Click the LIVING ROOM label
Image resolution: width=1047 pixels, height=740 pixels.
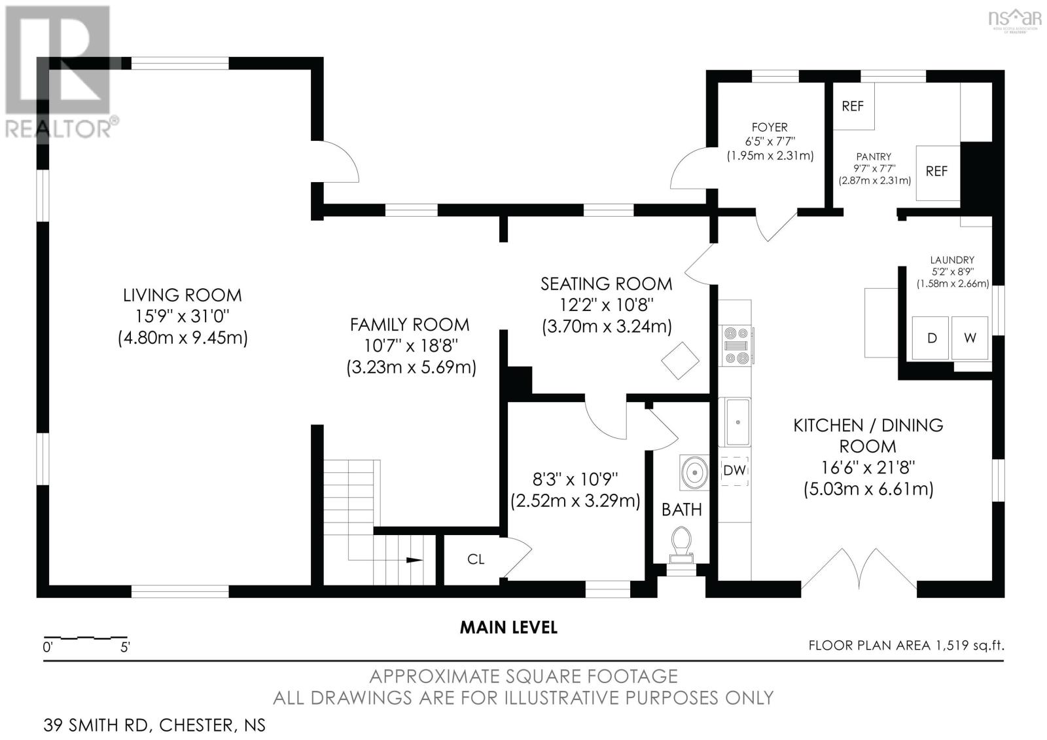coord(183,295)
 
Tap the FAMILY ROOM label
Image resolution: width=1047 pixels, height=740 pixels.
coord(410,324)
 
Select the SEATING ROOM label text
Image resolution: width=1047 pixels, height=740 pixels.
coord(606,284)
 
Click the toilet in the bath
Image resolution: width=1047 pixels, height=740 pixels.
coord(681,544)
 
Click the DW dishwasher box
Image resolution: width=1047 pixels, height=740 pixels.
coord(735,470)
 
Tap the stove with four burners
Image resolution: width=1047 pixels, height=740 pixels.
coord(736,345)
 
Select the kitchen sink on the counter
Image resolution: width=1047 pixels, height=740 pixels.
coord(737,422)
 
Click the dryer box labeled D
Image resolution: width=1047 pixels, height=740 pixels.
coord(932,338)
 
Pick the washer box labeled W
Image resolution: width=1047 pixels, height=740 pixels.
coord(970,338)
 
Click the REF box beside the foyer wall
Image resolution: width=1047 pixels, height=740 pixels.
coord(853,106)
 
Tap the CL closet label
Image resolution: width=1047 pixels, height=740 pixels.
coord(476,559)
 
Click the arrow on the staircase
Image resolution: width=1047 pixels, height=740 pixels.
coord(414,560)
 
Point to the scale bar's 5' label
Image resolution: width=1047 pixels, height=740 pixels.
coord(124,648)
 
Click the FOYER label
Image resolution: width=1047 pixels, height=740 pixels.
coord(770,127)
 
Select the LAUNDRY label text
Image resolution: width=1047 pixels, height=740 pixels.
coord(952,260)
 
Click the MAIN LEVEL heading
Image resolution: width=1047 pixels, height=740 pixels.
coord(508,627)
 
